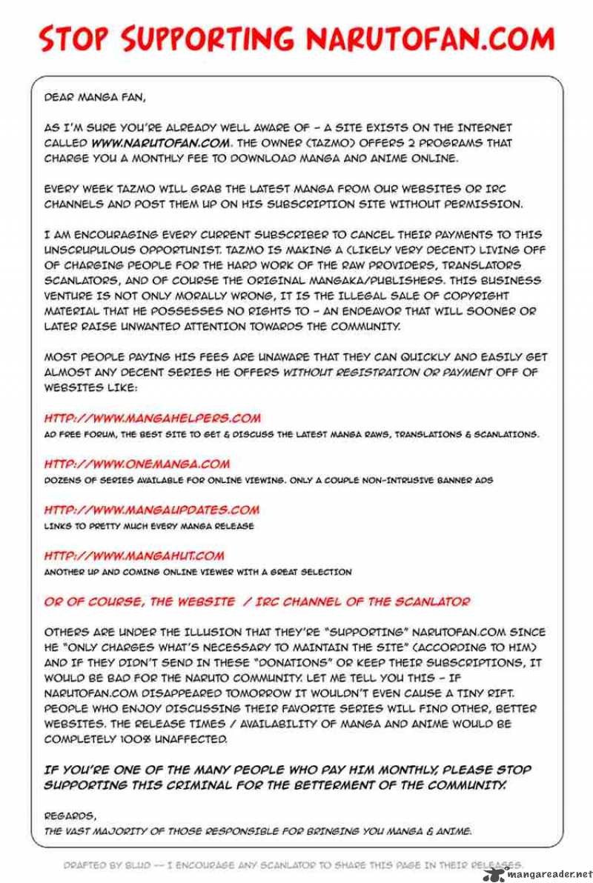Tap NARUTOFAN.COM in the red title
(431, 39)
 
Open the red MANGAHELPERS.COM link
(153, 419)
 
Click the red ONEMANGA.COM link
(137, 464)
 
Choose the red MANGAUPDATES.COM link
(152, 510)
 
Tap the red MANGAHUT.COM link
(134, 556)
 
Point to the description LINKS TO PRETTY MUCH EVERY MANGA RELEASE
(149, 526)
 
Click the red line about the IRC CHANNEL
(256, 602)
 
